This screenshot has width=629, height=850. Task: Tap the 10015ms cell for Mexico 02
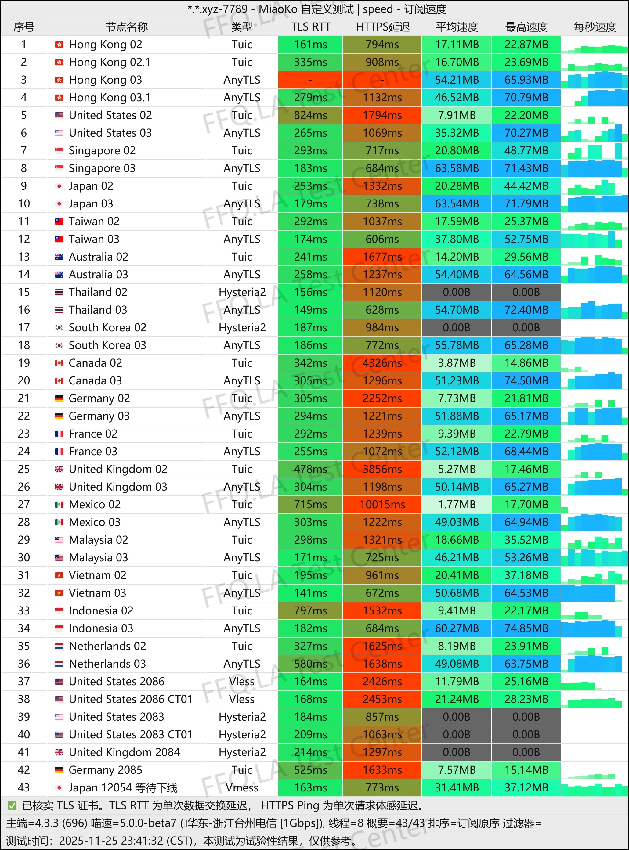click(x=382, y=504)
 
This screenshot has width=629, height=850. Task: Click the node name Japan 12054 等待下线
click(x=123, y=787)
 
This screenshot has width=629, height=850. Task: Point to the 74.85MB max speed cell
click(x=526, y=628)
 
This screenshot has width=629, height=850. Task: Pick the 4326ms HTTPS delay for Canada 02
click(x=382, y=363)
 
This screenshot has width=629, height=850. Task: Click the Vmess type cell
click(x=242, y=787)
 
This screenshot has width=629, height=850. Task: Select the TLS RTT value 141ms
click(x=310, y=593)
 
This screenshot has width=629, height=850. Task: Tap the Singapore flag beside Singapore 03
click(x=59, y=168)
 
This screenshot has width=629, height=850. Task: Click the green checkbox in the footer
click(x=12, y=805)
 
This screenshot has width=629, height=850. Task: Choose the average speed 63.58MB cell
click(x=457, y=168)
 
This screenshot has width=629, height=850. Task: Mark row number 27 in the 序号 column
click(x=23, y=504)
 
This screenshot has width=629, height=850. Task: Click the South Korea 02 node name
click(x=107, y=327)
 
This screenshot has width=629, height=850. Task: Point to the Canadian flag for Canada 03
click(x=59, y=381)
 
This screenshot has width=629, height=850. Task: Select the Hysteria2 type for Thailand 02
click(x=242, y=292)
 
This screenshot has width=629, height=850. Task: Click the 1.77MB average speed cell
click(x=457, y=504)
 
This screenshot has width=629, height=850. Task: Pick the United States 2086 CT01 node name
click(x=131, y=699)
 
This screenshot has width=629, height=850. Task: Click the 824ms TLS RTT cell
click(x=310, y=115)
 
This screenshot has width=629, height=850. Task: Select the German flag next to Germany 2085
click(x=59, y=770)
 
